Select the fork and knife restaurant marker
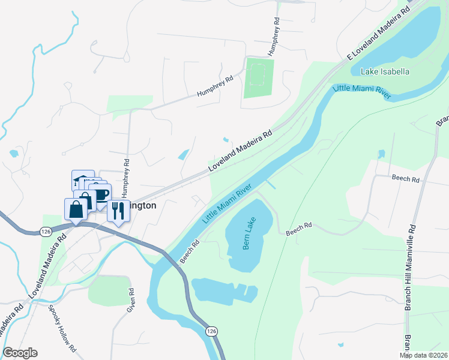[118, 211]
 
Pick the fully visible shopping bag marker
[76, 209]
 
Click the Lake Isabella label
[385, 71]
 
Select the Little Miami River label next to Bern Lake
[226, 205]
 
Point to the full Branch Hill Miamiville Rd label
[411, 267]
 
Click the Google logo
[20, 353]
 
